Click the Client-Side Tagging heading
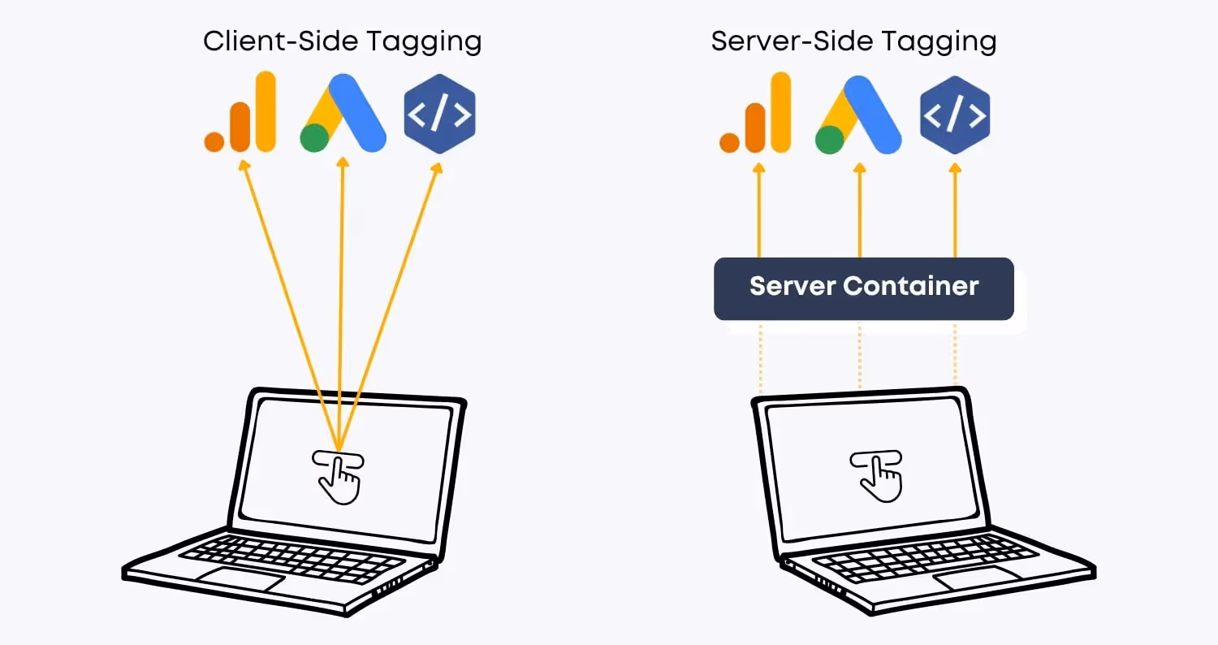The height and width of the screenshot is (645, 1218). tap(342, 41)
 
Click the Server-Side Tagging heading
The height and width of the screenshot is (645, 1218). tap(853, 41)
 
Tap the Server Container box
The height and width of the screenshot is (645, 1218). tap(863, 288)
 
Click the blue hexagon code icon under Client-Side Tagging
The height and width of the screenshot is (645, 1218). tap(439, 115)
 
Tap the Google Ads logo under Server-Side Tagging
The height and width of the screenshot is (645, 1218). tap(858, 114)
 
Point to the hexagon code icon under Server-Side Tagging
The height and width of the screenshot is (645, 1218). tap(955, 115)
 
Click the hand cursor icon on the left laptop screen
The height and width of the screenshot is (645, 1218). tap(338, 476)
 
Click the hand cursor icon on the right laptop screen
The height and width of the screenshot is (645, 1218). tap(876, 474)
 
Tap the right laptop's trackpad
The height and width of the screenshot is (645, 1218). tap(978, 579)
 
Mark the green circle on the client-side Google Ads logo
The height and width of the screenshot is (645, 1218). tap(314, 138)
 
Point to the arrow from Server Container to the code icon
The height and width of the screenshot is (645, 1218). tap(955, 211)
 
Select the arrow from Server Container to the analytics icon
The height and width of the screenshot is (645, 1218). tap(759, 211)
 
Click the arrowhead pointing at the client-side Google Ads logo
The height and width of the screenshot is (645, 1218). tap(343, 163)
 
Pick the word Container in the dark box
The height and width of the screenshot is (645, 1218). tap(911, 286)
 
